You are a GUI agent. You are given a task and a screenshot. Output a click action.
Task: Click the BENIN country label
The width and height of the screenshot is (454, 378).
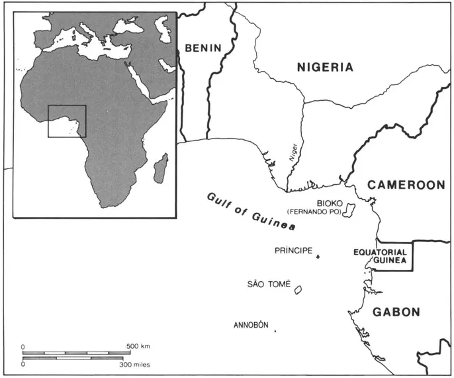(x=203, y=48)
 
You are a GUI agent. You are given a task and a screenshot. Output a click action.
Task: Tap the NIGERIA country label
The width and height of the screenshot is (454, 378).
(x=325, y=67)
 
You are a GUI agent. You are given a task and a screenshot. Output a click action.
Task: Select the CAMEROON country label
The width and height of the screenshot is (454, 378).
(x=406, y=185)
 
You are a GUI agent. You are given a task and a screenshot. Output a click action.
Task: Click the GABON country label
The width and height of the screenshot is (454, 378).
(x=396, y=312)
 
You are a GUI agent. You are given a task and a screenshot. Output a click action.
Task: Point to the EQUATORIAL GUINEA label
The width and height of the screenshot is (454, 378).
(x=380, y=257)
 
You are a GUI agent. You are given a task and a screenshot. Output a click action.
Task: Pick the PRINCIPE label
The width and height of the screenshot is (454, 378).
(x=293, y=251)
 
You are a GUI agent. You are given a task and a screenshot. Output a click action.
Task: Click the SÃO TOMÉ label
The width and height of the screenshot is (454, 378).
(x=269, y=284)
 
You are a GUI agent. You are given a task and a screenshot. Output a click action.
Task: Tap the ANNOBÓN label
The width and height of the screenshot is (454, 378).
(x=251, y=325)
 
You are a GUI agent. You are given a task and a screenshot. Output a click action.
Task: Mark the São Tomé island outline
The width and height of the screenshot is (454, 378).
(x=298, y=290)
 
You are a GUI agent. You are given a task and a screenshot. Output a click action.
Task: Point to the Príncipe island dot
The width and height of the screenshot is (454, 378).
(x=318, y=256)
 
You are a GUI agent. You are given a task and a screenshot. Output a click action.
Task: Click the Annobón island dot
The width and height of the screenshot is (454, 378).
(x=275, y=331)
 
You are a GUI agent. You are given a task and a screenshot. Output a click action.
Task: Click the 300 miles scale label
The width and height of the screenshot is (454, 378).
(x=134, y=364)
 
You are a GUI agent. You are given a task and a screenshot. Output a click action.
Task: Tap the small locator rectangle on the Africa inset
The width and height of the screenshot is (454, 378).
(x=67, y=121)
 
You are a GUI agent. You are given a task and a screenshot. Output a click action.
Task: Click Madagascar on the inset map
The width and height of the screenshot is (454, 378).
(x=161, y=168)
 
